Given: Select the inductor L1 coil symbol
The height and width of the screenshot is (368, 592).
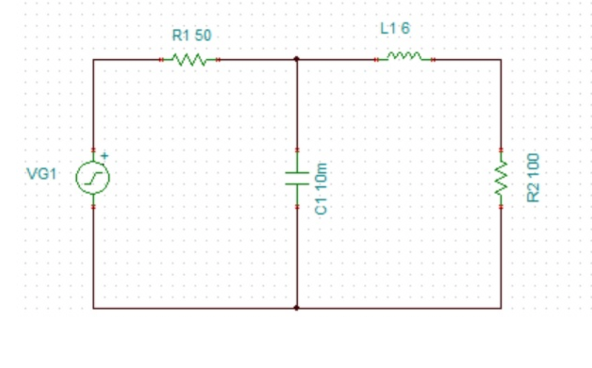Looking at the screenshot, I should [x=403, y=57].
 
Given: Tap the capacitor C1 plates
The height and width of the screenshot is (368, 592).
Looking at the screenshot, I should [x=297, y=178].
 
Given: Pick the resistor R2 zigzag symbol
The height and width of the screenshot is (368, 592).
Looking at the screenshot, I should [x=500, y=178].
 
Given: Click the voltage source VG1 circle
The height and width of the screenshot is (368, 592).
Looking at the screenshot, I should [x=93, y=178].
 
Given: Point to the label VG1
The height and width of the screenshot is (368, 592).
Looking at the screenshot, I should [x=41, y=174].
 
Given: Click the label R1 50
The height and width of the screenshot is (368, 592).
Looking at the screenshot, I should [x=191, y=36].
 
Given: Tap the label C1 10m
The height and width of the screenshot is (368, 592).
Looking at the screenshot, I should [x=321, y=188].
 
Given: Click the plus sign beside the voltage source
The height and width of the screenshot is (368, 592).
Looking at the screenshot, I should [x=104, y=155].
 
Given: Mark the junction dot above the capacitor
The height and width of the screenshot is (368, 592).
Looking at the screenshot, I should [x=297, y=59].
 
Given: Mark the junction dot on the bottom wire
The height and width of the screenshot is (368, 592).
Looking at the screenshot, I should [x=297, y=308].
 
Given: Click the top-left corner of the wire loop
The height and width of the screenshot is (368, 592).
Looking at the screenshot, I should [x=94, y=59].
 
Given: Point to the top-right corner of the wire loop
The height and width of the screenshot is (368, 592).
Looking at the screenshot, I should [x=500, y=59].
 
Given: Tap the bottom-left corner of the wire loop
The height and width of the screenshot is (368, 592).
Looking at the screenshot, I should [x=94, y=308].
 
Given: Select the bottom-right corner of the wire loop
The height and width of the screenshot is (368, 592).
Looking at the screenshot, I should [x=500, y=308].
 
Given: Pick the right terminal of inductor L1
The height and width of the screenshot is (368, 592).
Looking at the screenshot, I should [x=432, y=59].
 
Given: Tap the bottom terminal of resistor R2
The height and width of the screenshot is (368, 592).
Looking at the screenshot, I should [x=500, y=207].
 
